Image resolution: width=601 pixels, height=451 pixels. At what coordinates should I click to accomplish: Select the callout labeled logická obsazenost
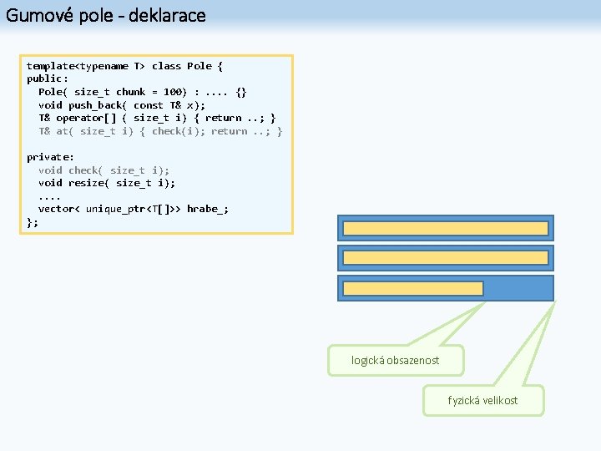tap(395, 360)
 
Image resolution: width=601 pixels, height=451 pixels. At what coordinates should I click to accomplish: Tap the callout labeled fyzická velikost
tap(482, 400)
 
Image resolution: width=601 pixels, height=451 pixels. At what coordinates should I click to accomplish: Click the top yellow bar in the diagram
tap(445, 229)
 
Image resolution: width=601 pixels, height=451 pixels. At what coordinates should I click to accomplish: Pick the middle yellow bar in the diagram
tap(445, 258)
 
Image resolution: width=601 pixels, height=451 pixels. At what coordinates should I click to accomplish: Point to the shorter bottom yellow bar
tap(413, 288)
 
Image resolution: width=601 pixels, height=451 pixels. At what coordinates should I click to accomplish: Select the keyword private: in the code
tap(50, 157)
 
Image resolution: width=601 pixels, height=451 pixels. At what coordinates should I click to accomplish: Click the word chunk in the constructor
tap(130, 92)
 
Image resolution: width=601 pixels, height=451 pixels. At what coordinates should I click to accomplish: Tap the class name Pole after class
tap(199, 66)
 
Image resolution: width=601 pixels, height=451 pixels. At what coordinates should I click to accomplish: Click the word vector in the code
tap(56, 209)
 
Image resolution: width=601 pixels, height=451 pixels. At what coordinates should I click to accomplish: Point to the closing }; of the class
tap(33, 222)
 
